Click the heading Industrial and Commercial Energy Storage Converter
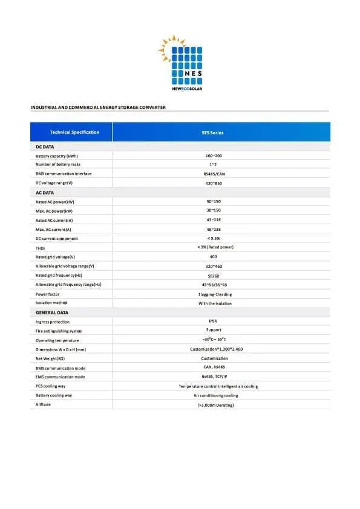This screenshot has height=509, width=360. pos(98,107)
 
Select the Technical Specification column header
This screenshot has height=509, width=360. pos(74,132)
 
